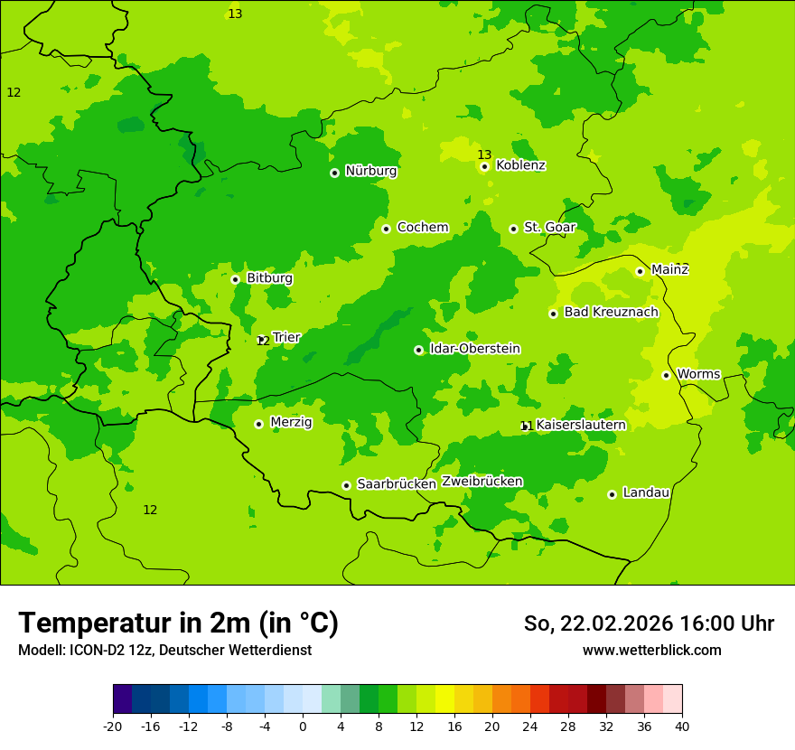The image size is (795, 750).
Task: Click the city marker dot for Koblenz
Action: click(485, 166)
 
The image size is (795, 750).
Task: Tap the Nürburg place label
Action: click(370, 171)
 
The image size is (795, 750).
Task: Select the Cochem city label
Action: click(423, 228)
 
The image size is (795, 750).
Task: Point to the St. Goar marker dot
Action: click(513, 229)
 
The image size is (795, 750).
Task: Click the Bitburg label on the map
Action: click(269, 278)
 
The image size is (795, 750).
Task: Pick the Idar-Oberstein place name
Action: click(474, 349)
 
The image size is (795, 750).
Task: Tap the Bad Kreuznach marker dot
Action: click(553, 314)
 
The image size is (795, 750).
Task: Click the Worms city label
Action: click(698, 374)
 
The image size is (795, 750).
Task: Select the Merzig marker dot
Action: click(258, 424)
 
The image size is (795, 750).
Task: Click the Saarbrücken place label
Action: click(397, 484)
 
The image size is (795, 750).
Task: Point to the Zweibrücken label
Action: click(482, 482)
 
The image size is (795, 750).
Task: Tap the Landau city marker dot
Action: click(612, 494)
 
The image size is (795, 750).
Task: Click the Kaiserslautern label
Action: click(581, 425)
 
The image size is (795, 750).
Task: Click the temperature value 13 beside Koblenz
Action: click(484, 155)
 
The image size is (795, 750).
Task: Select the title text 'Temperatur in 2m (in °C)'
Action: click(178, 623)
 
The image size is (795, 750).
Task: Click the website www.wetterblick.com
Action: click(651, 651)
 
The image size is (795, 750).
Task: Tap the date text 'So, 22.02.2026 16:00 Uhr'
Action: click(649, 623)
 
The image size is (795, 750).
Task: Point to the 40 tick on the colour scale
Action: click(682, 727)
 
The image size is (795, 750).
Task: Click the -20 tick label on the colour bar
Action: click(112, 727)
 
